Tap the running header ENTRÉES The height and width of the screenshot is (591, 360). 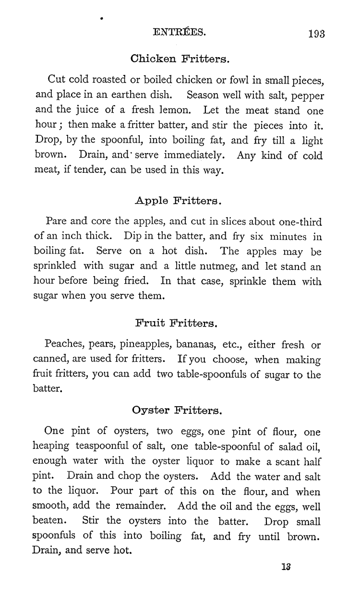pyautogui.click(x=179, y=33)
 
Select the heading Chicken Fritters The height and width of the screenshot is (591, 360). pyautogui.click(x=180, y=60)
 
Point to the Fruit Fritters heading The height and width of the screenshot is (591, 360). pyautogui.click(x=177, y=324)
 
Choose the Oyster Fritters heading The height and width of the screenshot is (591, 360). pyautogui.click(x=177, y=410)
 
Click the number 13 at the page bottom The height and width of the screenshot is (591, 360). pyautogui.click(x=287, y=567)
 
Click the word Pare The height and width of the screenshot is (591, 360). pyautogui.click(x=56, y=222)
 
